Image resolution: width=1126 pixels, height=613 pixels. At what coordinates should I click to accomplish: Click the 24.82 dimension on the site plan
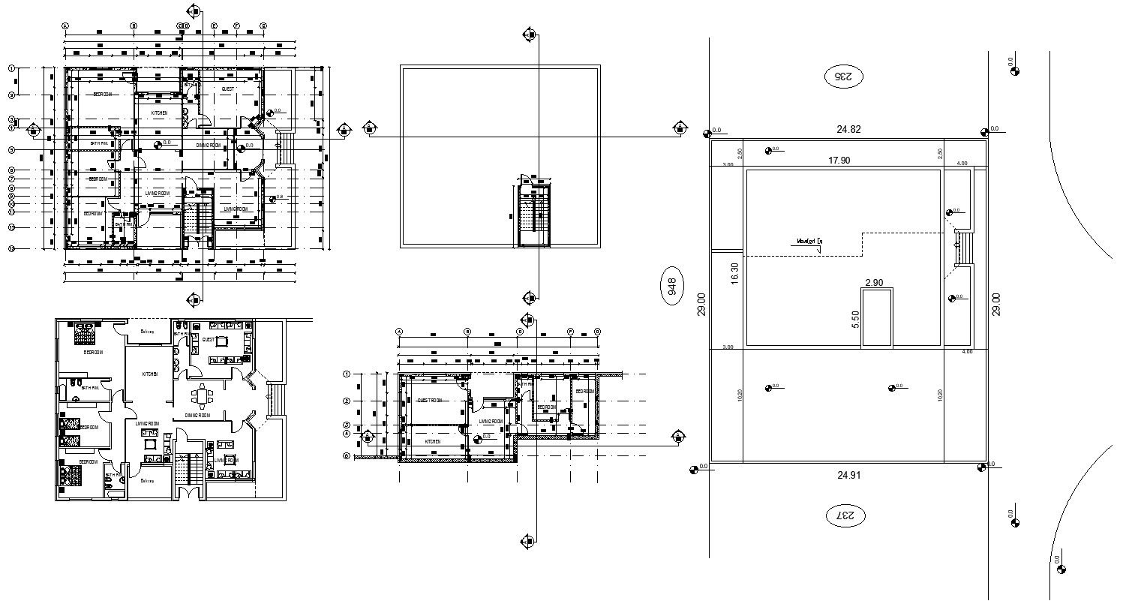[848, 129]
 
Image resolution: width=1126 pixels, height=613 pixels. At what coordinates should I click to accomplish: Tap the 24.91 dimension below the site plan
[848, 474]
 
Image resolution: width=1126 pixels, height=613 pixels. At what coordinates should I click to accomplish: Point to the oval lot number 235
[845, 76]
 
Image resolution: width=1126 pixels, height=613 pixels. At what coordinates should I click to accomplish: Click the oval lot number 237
[845, 516]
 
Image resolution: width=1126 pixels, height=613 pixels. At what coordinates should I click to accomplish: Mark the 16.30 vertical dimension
[734, 272]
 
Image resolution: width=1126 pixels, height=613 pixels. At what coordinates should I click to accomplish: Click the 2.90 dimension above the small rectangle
[874, 283]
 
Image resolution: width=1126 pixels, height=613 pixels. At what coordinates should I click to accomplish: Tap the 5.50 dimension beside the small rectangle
[854, 319]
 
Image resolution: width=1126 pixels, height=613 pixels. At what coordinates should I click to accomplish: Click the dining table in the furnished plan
[201, 395]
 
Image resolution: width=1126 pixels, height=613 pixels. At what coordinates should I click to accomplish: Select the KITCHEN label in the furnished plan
[150, 374]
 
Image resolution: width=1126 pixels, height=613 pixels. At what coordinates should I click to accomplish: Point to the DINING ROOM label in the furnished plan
[197, 415]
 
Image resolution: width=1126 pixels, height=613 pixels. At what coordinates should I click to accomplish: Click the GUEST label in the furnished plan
[209, 340]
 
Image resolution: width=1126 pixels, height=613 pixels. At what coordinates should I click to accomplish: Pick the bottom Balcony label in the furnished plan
[145, 481]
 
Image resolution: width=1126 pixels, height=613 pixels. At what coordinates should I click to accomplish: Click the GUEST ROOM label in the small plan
[431, 401]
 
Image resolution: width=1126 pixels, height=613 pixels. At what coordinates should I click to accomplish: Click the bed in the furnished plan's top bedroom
[83, 332]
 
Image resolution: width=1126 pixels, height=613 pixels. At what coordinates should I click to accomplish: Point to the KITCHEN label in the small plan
[433, 442]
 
